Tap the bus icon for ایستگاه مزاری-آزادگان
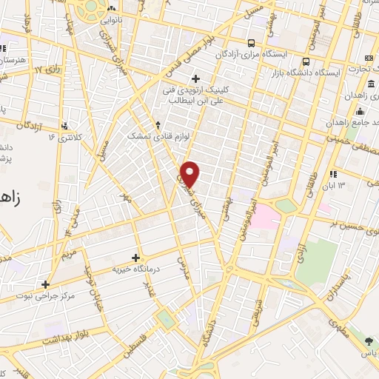pos(252,43)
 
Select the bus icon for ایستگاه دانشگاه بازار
pos(305,62)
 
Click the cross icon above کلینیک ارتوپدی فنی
pos(195,78)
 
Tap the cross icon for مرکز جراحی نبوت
pos(46,284)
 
